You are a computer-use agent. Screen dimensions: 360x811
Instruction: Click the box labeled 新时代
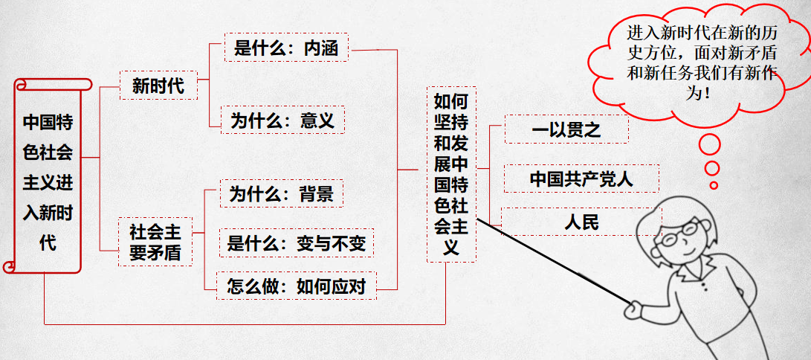pos(158,86)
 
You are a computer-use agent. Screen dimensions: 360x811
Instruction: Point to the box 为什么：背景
pos(282,194)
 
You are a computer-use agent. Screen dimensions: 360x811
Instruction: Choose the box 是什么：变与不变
pos(297,243)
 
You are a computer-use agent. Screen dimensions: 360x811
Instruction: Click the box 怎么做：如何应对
pos(297,286)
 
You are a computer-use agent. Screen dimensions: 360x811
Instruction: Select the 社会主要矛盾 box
pos(155,242)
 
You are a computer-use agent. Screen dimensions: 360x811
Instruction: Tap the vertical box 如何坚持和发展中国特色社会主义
pos(450,173)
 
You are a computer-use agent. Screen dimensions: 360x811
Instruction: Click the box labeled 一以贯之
pos(566,129)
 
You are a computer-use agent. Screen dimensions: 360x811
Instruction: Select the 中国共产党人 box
pos(581,179)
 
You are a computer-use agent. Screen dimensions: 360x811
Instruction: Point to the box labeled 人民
pos(581,222)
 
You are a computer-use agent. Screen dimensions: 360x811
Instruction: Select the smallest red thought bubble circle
pos(714,185)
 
